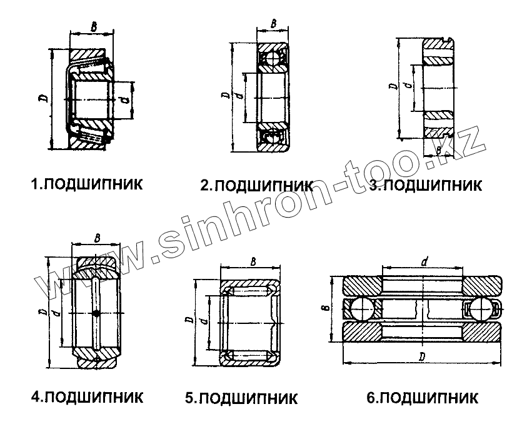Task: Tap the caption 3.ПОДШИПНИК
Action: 425,185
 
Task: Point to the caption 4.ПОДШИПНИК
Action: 87,396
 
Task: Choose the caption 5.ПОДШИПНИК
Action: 241,398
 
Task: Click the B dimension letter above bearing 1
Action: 93,27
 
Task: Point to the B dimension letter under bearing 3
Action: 439,151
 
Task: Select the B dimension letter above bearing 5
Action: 252,261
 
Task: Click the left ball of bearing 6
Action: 361,309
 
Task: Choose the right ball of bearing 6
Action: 481,309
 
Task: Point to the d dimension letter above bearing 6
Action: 424,262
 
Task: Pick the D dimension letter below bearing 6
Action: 421,357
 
